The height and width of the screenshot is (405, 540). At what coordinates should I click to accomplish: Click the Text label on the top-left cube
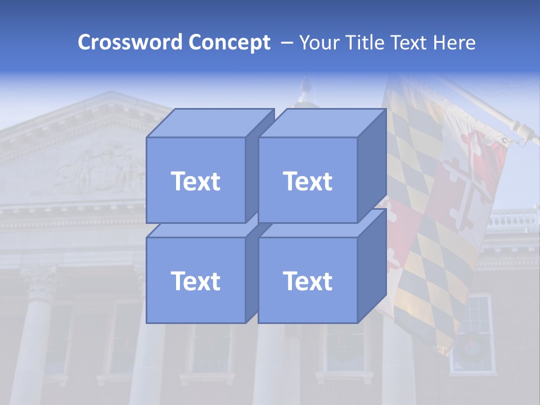tap(196, 181)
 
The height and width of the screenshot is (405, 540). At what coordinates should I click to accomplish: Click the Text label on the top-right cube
tap(308, 181)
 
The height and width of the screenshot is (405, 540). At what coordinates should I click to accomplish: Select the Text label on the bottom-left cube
tap(196, 281)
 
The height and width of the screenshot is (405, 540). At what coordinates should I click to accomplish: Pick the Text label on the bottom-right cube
tap(308, 281)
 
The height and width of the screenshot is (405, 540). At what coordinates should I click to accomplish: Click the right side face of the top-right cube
tap(372, 166)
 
